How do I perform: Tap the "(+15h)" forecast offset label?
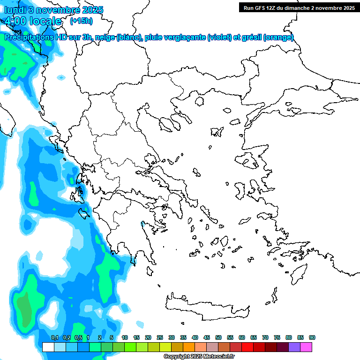tap(81, 21)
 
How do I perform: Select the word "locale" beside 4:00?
tap(45, 21)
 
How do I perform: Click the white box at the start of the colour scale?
tap(48, 347)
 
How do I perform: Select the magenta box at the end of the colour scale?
tap(306, 347)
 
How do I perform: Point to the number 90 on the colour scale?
tap(312, 338)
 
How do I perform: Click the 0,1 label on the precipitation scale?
tap(54, 338)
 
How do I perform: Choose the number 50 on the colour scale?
tap(218, 338)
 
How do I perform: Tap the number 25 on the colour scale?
tap(160, 338)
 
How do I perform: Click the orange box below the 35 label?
tap(189, 347)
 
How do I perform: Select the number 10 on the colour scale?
tap(125, 338)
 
